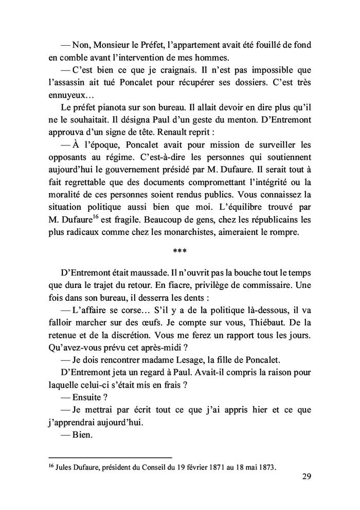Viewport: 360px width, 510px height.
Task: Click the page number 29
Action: tap(306, 477)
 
